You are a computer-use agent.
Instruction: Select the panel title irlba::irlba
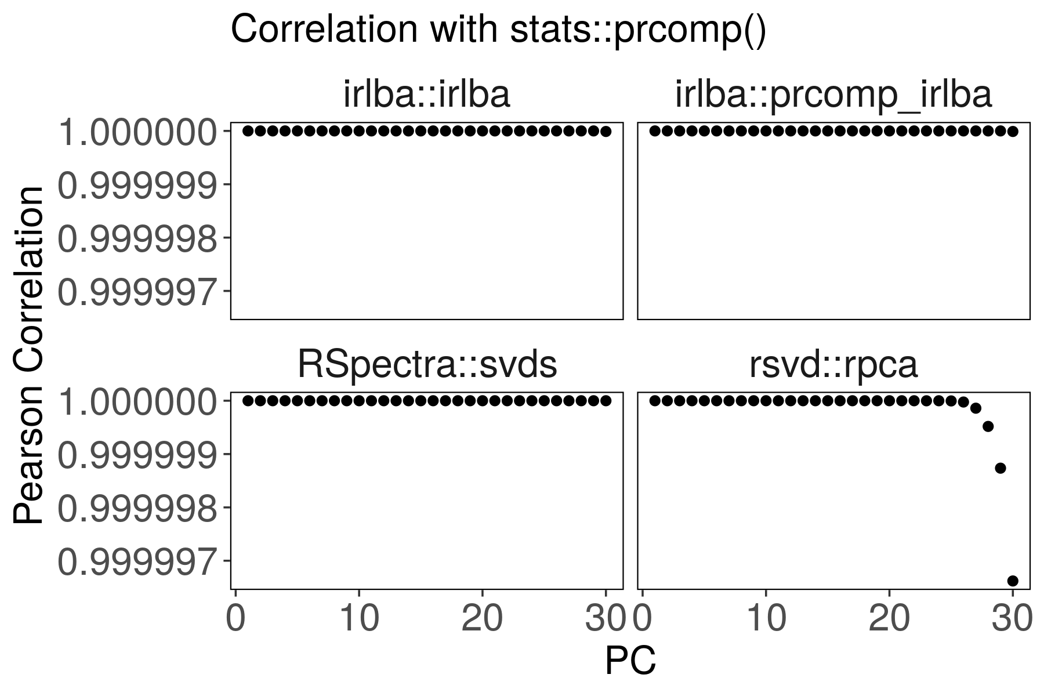(x=427, y=95)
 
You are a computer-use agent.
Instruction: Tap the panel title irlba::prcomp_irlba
(x=833, y=95)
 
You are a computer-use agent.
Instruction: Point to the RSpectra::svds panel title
(x=427, y=365)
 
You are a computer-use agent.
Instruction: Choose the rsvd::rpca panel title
(x=833, y=365)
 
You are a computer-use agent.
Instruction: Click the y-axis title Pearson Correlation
(x=29, y=355)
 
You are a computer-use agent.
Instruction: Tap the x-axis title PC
(x=630, y=661)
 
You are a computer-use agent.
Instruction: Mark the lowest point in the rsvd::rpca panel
(x=1013, y=581)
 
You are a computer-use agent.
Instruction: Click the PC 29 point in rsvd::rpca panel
(x=1000, y=468)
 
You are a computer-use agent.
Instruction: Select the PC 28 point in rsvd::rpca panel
(x=988, y=426)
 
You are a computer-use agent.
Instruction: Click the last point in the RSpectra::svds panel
(x=606, y=401)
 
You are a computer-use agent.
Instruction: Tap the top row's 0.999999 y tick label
(x=137, y=186)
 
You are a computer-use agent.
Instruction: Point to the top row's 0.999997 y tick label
(x=137, y=292)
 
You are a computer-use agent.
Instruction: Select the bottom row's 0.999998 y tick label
(x=137, y=509)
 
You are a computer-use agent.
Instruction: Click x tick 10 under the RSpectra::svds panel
(x=359, y=619)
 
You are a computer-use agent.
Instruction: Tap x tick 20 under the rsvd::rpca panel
(x=889, y=619)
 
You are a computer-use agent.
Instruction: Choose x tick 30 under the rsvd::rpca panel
(x=1012, y=619)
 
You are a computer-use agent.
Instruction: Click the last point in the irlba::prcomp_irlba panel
(x=1013, y=131)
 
